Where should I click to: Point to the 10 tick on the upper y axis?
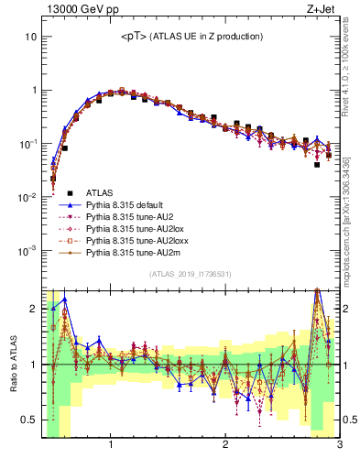click(x=30, y=38)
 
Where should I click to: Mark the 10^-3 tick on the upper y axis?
click(x=27, y=252)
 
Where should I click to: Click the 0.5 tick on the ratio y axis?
click(x=29, y=420)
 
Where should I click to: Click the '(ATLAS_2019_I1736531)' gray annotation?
click(x=190, y=274)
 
